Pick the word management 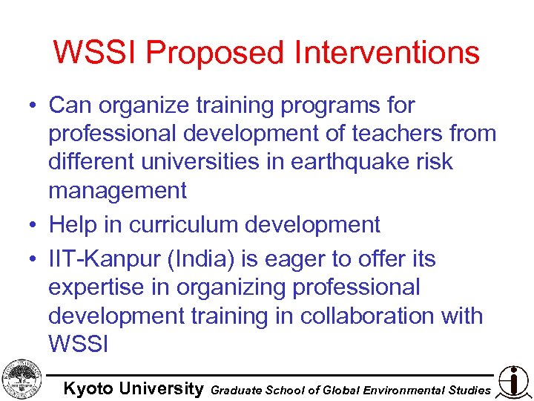117,191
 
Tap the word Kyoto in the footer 88,388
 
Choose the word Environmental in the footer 405,389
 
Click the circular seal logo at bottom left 22,379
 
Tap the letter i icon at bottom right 513,380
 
